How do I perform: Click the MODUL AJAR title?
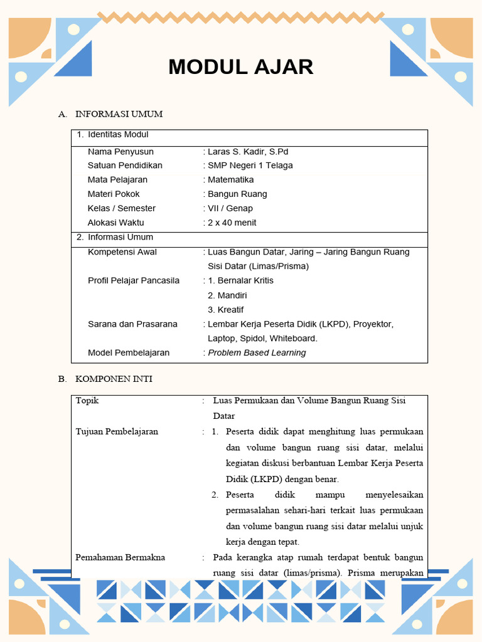[240, 67]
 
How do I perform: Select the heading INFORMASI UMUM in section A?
[119, 114]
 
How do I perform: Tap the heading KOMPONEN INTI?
[114, 379]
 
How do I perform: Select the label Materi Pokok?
[114, 194]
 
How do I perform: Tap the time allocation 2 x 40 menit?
[232, 223]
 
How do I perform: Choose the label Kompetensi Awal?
[122, 252]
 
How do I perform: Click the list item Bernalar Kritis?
[245, 280]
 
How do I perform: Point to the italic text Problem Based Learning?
[257, 353]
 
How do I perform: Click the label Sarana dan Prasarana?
[132, 324]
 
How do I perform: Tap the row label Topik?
[87, 401]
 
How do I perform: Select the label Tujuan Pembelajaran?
[117, 432]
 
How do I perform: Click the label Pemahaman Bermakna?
[120, 557]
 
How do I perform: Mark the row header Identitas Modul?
[118, 135]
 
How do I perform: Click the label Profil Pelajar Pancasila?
[134, 280]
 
